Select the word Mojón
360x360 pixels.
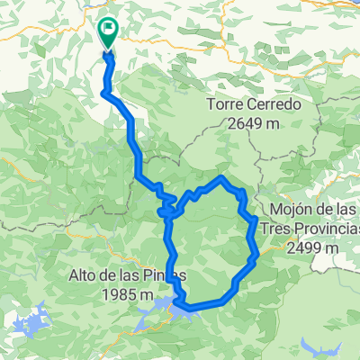point(282,209)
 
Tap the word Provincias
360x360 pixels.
point(320,228)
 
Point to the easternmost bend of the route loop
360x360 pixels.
point(257,219)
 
